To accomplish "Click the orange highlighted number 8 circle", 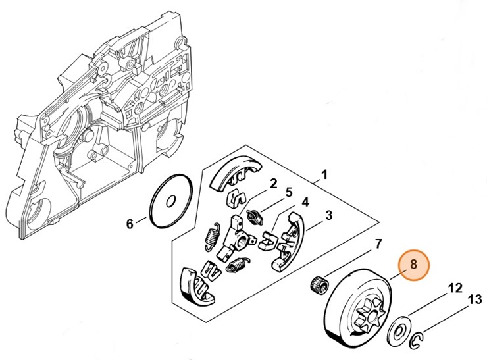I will (x=413, y=265).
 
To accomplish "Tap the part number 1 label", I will (x=324, y=176).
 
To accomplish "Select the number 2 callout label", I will (x=272, y=183).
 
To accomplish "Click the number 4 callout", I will (x=288, y=193).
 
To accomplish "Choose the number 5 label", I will (x=130, y=224).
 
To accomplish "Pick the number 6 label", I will (x=378, y=245).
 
